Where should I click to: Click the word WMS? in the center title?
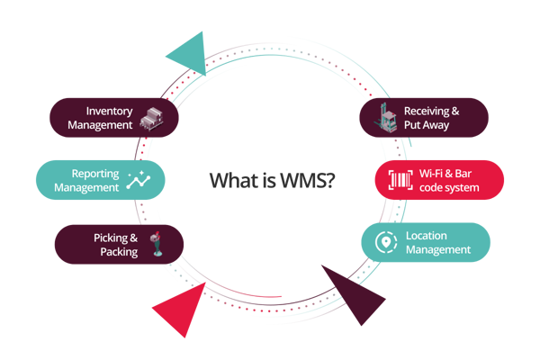click(x=307, y=180)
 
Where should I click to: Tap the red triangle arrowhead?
click(x=181, y=310)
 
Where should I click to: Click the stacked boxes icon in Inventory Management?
click(x=151, y=119)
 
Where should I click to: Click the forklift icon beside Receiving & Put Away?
click(x=386, y=118)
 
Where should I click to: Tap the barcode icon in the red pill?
click(x=400, y=180)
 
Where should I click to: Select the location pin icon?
click(x=386, y=242)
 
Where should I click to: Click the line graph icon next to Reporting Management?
click(x=139, y=180)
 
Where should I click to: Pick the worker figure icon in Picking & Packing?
click(x=157, y=244)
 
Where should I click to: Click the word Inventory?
click(x=109, y=112)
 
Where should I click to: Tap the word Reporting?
click(x=95, y=174)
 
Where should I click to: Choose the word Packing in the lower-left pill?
click(x=119, y=252)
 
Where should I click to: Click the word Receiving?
click(x=427, y=112)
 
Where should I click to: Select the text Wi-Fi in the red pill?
click(x=431, y=174)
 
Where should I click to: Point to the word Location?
click(x=427, y=236)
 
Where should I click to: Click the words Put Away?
click(x=427, y=125)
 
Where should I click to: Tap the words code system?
click(x=449, y=188)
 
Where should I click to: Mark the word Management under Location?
click(x=438, y=250)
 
